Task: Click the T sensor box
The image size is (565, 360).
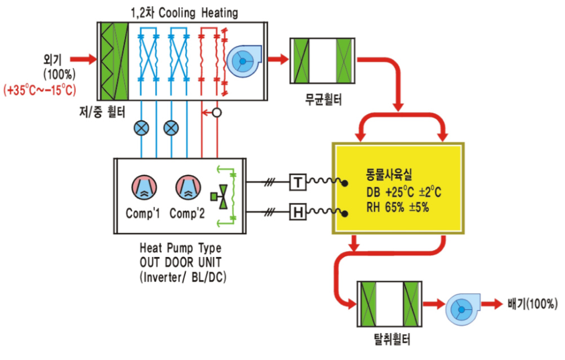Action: pyautogui.click(x=298, y=183)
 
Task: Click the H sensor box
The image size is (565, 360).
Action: pyautogui.click(x=298, y=212)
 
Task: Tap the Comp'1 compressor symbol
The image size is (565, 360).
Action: pyautogui.click(x=144, y=188)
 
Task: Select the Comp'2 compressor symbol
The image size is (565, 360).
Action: pyautogui.click(x=188, y=188)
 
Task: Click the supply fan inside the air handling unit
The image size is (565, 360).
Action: pyautogui.click(x=243, y=61)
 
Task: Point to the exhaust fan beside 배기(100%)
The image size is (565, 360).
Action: pyautogui.click(x=462, y=309)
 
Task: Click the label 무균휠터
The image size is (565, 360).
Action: pyautogui.click(x=323, y=99)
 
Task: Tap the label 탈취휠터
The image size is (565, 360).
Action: pyautogui.click(x=392, y=339)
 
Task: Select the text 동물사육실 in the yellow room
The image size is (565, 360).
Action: pyautogui.click(x=389, y=175)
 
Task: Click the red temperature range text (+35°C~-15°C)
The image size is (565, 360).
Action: pyautogui.click(x=40, y=90)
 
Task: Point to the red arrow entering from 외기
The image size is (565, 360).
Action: pyautogui.click(x=83, y=59)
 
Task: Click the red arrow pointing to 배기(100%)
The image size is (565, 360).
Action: pyautogui.click(x=492, y=304)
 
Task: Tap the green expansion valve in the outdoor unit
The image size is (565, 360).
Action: pyautogui.click(x=220, y=197)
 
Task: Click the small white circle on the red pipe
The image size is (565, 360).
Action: pyautogui.click(x=216, y=113)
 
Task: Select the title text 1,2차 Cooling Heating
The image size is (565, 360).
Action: pyautogui.click(x=184, y=14)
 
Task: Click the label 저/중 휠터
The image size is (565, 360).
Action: pyautogui.click(x=102, y=112)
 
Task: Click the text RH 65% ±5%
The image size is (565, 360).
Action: pyautogui.click(x=398, y=207)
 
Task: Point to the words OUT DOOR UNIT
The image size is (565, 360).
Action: pyautogui.click(x=180, y=262)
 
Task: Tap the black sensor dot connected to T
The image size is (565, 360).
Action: pyautogui.click(x=345, y=184)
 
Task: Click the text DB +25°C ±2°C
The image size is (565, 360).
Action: pyautogui.click(x=403, y=192)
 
